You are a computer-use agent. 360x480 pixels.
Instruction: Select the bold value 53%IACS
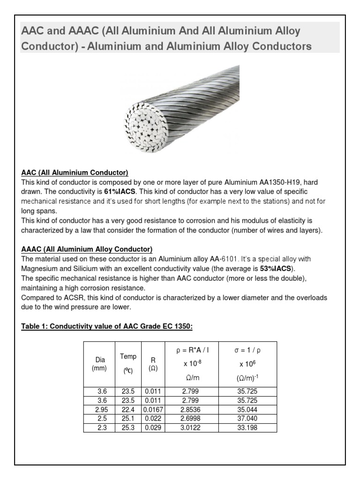pos(276,268)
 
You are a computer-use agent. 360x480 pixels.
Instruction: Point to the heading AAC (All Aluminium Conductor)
pos(75,172)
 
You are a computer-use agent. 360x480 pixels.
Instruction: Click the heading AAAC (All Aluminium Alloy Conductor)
pos(87,249)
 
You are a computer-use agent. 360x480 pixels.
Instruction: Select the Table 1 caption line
pos(107,326)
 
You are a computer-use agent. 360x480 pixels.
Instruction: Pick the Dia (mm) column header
pos(99,364)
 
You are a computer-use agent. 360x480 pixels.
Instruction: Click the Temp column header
pos(128,363)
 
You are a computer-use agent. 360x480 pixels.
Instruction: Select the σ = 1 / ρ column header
pos(247,350)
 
